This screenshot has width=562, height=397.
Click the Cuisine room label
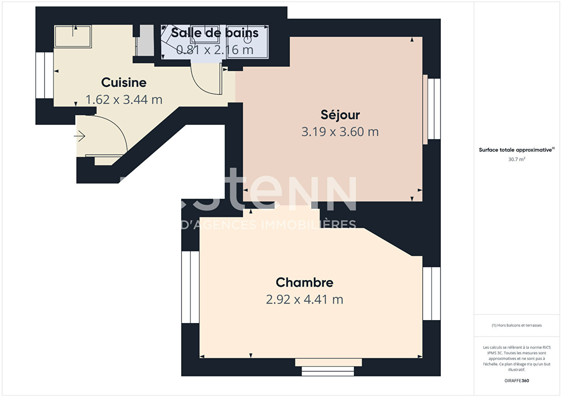(124, 83)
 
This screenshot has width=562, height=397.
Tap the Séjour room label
(340, 115)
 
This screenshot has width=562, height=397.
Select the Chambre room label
(305, 283)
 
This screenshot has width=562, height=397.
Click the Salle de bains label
(215, 33)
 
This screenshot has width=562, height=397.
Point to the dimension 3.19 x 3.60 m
(340, 132)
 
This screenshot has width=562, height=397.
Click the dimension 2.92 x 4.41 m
(305, 299)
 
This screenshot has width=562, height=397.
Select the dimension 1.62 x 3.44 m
(124, 100)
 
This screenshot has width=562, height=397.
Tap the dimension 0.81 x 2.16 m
(215, 50)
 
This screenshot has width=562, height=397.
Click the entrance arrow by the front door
(80, 137)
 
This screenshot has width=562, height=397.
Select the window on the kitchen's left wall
(45, 75)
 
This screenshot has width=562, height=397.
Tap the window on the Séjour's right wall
(433, 109)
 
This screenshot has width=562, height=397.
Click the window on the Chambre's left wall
(190, 287)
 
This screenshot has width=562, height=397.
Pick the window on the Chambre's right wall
(431, 294)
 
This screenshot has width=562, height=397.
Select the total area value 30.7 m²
(516, 160)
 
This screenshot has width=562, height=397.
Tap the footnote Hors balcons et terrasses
(517, 325)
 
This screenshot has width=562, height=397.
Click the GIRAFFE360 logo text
(517, 381)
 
